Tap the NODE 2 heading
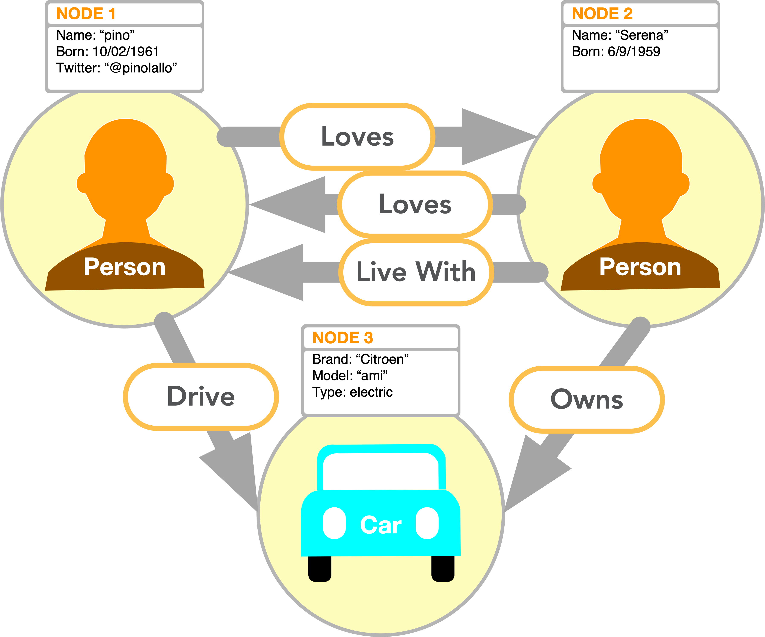(602, 14)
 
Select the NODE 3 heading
(343, 338)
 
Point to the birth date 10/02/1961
(126, 52)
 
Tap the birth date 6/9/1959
(634, 52)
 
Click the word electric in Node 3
(371, 392)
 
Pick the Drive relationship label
(201, 396)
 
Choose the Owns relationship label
(586, 399)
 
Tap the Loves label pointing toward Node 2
(357, 137)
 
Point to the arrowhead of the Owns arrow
(528, 473)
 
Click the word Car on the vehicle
(381, 525)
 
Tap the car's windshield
(381, 471)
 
